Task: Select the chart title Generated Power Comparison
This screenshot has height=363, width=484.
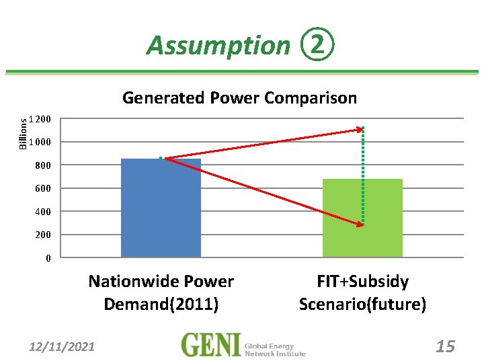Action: click(x=239, y=98)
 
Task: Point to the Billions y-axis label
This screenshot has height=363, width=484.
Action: click(x=24, y=132)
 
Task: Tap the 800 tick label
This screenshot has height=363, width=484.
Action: click(x=44, y=165)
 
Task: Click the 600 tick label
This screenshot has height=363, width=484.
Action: click(x=44, y=189)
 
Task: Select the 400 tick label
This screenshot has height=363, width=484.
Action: click(x=44, y=212)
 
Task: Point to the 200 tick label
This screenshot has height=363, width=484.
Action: click(x=44, y=235)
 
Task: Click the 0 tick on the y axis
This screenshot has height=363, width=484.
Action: click(x=48, y=258)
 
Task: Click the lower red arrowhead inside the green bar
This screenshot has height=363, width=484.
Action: click(x=359, y=224)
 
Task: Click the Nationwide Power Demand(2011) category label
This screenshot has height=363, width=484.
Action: click(x=161, y=292)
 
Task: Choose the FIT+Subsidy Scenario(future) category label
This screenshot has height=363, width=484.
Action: click(x=363, y=292)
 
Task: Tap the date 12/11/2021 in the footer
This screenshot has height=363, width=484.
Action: click(x=62, y=347)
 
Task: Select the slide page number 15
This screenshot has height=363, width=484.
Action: click(x=445, y=347)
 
